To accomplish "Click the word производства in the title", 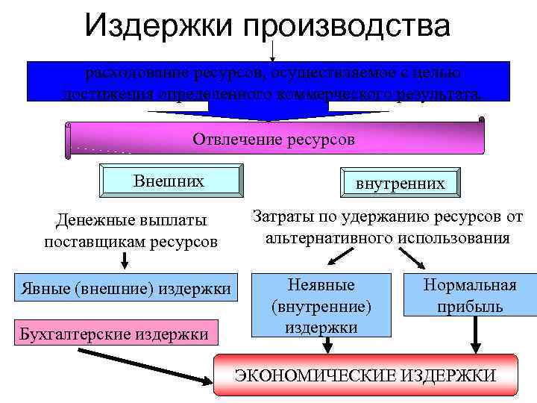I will (346, 27).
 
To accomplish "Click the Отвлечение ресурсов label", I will (274, 140).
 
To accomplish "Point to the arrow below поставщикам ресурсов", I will (125, 260).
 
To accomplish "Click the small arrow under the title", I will (273, 51).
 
